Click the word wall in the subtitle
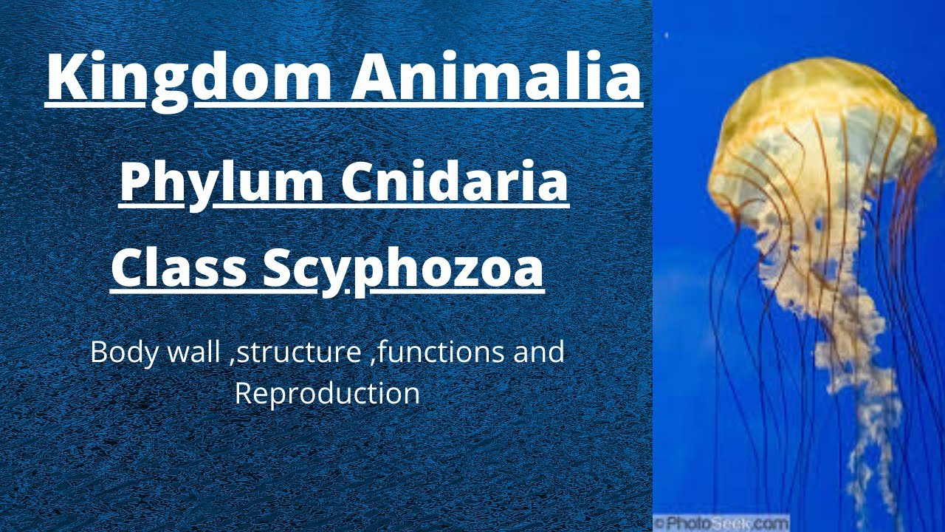click(195, 352)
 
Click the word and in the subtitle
click(539, 352)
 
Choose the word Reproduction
click(327, 393)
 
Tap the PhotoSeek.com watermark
click(721, 522)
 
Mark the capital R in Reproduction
click(244, 393)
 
